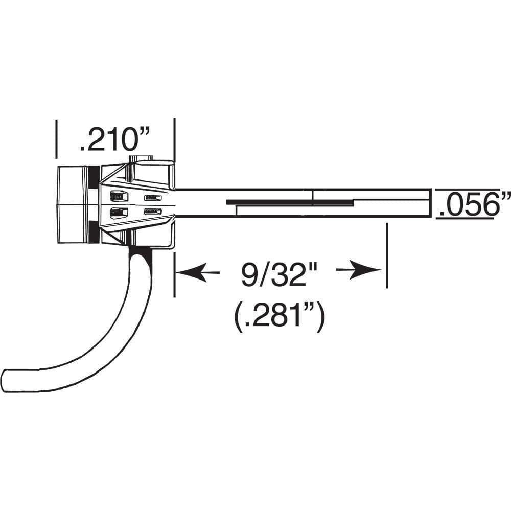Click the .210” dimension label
(x=114, y=140)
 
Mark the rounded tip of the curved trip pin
(x=7, y=380)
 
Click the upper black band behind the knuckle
(x=94, y=177)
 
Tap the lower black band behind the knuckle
(x=94, y=233)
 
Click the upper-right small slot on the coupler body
(x=153, y=198)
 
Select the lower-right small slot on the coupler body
(x=153, y=212)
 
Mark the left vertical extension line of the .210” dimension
(x=56, y=138)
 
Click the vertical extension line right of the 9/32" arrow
(x=386, y=255)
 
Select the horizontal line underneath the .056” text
(x=465, y=219)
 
